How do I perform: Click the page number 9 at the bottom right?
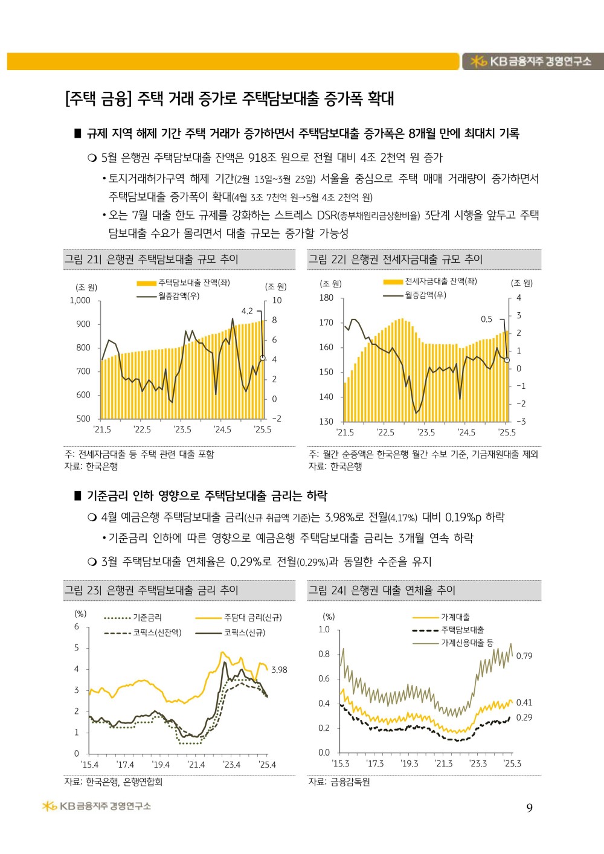pyautogui.click(x=529, y=808)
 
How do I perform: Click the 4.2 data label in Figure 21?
pyautogui.click(x=247, y=312)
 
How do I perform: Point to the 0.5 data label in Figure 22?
pyautogui.click(x=486, y=319)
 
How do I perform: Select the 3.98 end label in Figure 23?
pyautogui.click(x=279, y=670)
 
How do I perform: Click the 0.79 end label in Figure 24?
pyautogui.click(x=524, y=656)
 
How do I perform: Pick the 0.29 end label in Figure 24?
pyautogui.click(x=524, y=718)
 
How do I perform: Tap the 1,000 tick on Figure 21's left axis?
pyautogui.click(x=80, y=301)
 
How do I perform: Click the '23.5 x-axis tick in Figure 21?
pyautogui.click(x=182, y=430)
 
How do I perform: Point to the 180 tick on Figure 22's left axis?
pyautogui.click(x=326, y=298)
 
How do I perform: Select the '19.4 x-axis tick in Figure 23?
pyautogui.click(x=161, y=765)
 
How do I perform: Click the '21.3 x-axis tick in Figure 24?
pyautogui.click(x=444, y=764)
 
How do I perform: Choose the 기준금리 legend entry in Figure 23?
pyautogui.click(x=147, y=618)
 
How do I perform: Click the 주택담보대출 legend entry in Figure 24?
pyautogui.click(x=463, y=630)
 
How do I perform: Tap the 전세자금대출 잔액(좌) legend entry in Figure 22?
pyautogui.click(x=440, y=281)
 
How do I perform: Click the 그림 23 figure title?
pyautogui.click(x=152, y=591)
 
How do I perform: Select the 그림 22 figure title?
pyautogui.click(x=396, y=260)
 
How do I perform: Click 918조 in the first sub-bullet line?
pyautogui.click(x=262, y=158)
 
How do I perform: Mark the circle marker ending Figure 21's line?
pyautogui.click(x=263, y=358)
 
